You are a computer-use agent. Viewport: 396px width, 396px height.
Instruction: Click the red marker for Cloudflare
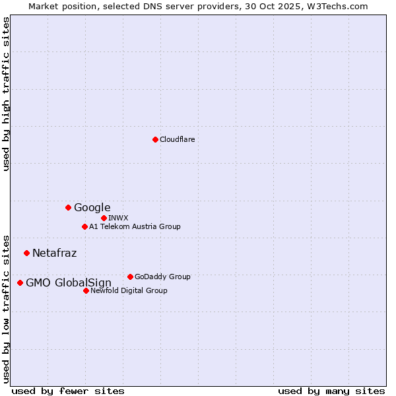[155, 139]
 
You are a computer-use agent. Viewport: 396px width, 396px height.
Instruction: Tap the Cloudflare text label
[178, 139]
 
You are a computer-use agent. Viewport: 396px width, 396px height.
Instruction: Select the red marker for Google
[68, 207]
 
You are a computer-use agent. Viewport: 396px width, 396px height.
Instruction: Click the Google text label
[92, 207]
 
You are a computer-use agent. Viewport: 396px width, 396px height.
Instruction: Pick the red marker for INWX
[104, 218]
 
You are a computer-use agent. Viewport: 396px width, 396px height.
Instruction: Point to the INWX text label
[118, 218]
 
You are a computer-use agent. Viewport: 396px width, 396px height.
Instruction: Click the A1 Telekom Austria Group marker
[84, 226]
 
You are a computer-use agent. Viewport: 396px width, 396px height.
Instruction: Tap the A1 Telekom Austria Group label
[135, 226]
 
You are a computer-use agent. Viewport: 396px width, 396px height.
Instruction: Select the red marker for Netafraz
[26, 253]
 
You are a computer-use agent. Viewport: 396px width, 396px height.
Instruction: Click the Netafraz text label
[54, 253]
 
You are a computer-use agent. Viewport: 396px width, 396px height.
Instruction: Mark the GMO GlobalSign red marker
[20, 282]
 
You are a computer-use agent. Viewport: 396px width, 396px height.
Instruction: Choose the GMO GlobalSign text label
[69, 283]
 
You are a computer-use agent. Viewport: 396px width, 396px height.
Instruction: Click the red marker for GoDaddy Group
[130, 277]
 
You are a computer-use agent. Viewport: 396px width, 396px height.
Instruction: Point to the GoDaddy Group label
[162, 277]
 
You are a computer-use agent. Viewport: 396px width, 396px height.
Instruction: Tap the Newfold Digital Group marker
[86, 290]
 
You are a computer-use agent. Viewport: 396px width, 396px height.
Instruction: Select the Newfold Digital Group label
[129, 290]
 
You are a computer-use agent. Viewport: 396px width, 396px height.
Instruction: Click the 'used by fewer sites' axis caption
[68, 391]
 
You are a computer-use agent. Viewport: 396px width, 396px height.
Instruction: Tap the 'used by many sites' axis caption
[331, 391]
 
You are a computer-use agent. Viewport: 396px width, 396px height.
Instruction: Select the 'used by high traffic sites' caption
[7, 94]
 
